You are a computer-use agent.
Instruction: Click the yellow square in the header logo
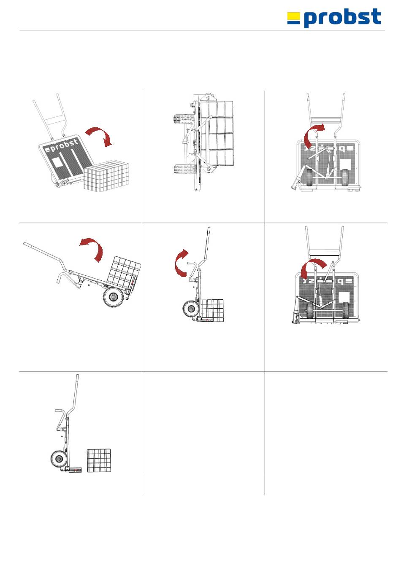[293, 16]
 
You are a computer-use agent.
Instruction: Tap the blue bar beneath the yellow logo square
[293, 22]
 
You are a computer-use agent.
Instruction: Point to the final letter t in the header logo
[376, 16]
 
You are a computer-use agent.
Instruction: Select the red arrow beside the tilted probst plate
[99, 136]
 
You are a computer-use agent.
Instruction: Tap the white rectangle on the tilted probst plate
[57, 162]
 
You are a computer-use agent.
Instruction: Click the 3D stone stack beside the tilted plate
[106, 175]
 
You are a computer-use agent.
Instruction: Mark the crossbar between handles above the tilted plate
[55, 120]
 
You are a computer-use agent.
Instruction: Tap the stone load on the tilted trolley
[124, 271]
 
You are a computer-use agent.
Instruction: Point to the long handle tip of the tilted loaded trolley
[25, 243]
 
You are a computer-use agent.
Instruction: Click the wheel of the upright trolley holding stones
[190, 309]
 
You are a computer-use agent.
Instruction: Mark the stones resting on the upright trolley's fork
[212, 310]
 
